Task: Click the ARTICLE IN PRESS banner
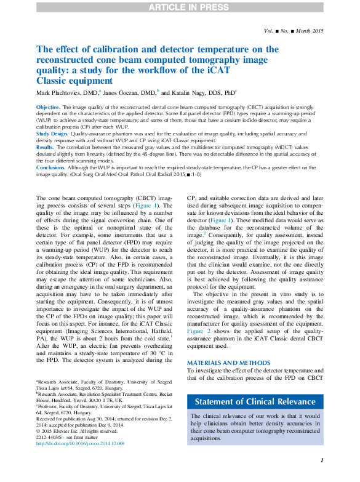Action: (180, 7)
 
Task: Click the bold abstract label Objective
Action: (47, 107)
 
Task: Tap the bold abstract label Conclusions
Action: (50, 167)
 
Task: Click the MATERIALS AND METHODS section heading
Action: (226, 363)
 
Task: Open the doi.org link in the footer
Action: (80, 443)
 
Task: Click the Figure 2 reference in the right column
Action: (199, 331)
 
